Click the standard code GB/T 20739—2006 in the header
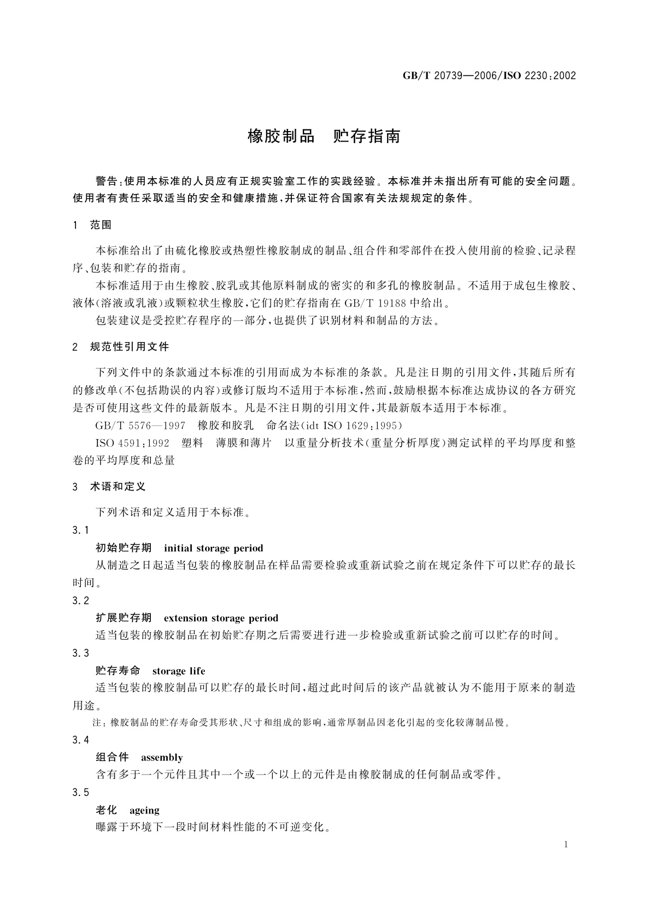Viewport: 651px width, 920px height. (448, 76)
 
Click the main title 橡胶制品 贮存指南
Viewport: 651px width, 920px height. (324, 136)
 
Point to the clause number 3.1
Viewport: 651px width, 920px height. (80, 530)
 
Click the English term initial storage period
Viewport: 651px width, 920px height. (213, 548)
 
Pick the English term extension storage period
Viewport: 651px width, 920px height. (221, 618)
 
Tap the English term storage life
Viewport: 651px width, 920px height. (179, 670)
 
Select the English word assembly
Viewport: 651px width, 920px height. (162, 757)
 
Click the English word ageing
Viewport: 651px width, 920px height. (144, 810)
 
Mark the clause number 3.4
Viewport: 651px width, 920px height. (80, 740)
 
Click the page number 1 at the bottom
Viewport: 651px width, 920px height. (566, 845)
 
